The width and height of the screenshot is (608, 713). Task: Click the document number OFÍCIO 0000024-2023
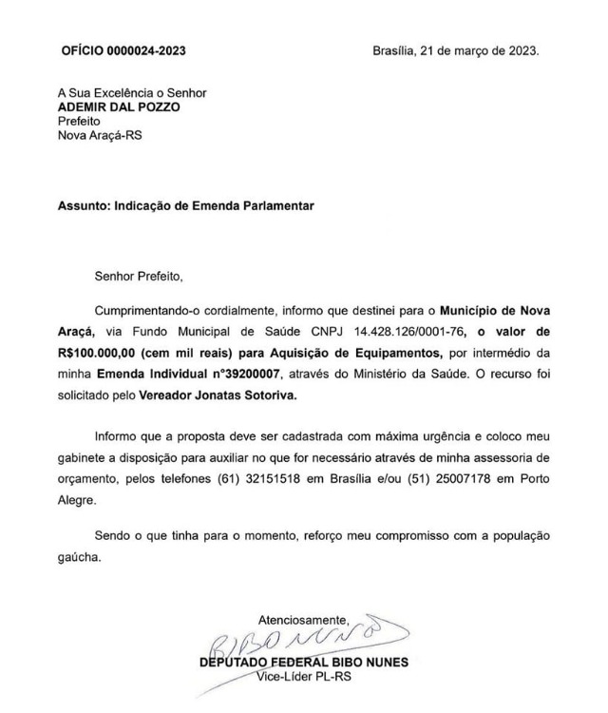pyautogui.click(x=123, y=49)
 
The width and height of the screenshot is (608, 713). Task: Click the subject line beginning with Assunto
pyautogui.click(x=185, y=205)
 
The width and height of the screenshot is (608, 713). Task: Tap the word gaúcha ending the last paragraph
pyautogui.click(x=79, y=558)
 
